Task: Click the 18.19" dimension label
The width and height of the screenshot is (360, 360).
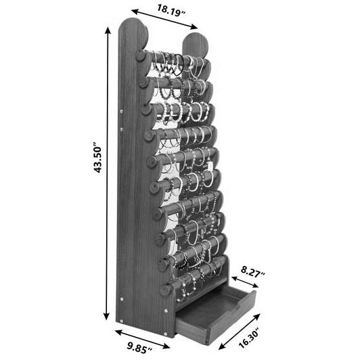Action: (171, 11)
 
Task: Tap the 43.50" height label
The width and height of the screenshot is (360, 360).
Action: (97, 157)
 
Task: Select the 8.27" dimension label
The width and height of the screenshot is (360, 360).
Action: (253, 272)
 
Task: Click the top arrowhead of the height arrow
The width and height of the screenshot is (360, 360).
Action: (108, 30)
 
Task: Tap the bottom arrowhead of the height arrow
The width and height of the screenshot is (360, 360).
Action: (106, 317)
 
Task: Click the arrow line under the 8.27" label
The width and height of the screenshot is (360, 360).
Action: (245, 282)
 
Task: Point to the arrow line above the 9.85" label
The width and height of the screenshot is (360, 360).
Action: (142, 339)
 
